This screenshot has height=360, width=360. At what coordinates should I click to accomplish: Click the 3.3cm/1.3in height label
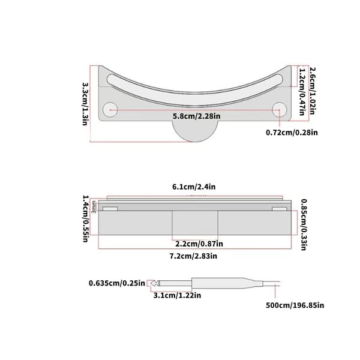[x=85, y=104]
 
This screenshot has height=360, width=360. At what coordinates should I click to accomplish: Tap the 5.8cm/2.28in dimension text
[x=197, y=116]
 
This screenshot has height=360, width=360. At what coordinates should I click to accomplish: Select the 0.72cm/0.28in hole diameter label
[x=292, y=133]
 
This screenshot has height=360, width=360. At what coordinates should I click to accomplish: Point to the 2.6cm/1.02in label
[x=313, y=91]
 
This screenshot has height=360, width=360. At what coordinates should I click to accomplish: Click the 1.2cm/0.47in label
[x=302, y=92]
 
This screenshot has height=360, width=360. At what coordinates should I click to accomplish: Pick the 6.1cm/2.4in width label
[x=194, y=187]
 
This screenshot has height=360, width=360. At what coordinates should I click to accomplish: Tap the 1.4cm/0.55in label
[x=85, y=218]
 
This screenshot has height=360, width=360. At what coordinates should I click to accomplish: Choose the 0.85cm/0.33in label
[x=304, y=225]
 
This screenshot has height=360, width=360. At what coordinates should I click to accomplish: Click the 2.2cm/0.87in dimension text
[x=199, y=244]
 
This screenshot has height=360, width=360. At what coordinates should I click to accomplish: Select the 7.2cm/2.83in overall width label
[x=193, y=256]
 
